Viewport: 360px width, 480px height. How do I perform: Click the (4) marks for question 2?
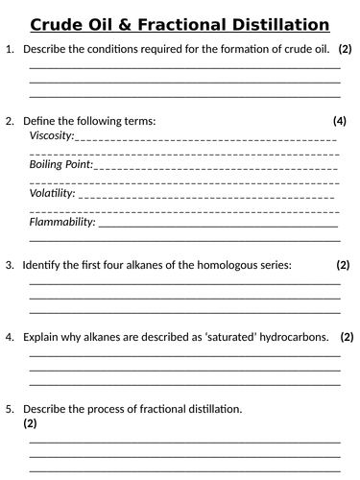pos(339,121)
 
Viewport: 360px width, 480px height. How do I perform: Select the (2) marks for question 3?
pos(343,264)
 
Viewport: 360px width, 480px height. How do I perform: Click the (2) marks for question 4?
pos(347,337)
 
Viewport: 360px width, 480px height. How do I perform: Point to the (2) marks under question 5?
pos(30,422)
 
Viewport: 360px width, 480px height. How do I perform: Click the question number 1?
pos(10,48)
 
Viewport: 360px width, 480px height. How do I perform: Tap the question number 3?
pos(10,264)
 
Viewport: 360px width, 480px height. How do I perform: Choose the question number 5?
pos(10,409)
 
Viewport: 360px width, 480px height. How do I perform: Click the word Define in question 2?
pos(40,121)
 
